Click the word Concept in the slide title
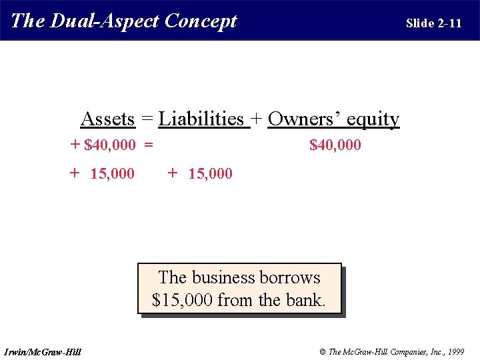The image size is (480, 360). click(x=201, y=21)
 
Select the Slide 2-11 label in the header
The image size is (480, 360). click(x=433, y=23)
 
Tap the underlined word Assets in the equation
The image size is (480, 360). click(x=107, y=119)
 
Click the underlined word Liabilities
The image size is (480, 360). click(x=201, y=119)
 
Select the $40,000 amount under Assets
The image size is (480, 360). click(x=110, y=145)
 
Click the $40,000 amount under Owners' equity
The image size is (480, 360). click(x=335, y=145)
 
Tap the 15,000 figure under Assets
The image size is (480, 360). click(x=112, y=174)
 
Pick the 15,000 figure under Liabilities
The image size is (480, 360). click(x=211, y=174)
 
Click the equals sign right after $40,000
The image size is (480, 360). click(x=148, y=145)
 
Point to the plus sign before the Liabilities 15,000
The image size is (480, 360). click(x=173, y=173)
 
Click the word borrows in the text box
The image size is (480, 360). click(x=289, y=277)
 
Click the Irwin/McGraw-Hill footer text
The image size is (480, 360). click(x=42, y=351)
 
